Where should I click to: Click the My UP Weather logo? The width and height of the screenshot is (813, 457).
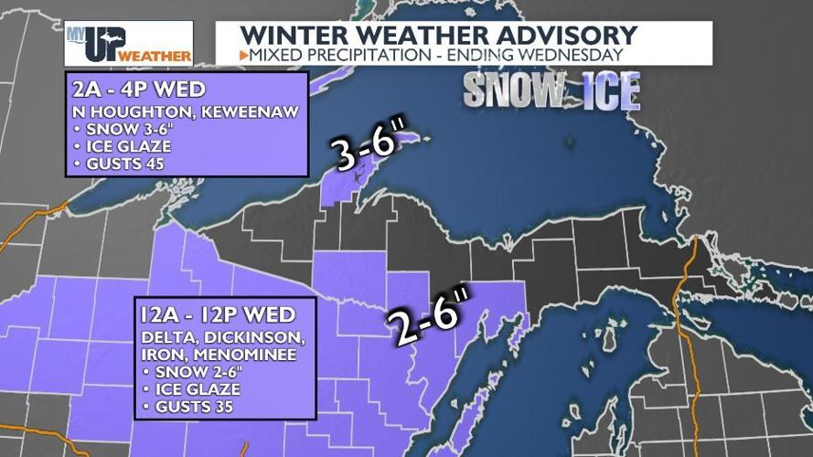pos(128,43)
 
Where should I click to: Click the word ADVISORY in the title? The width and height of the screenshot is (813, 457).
pos(562,35)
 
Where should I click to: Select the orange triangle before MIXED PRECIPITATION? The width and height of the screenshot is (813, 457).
pos(243,56)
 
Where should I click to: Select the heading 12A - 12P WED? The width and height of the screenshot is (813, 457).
pos(218,315)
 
